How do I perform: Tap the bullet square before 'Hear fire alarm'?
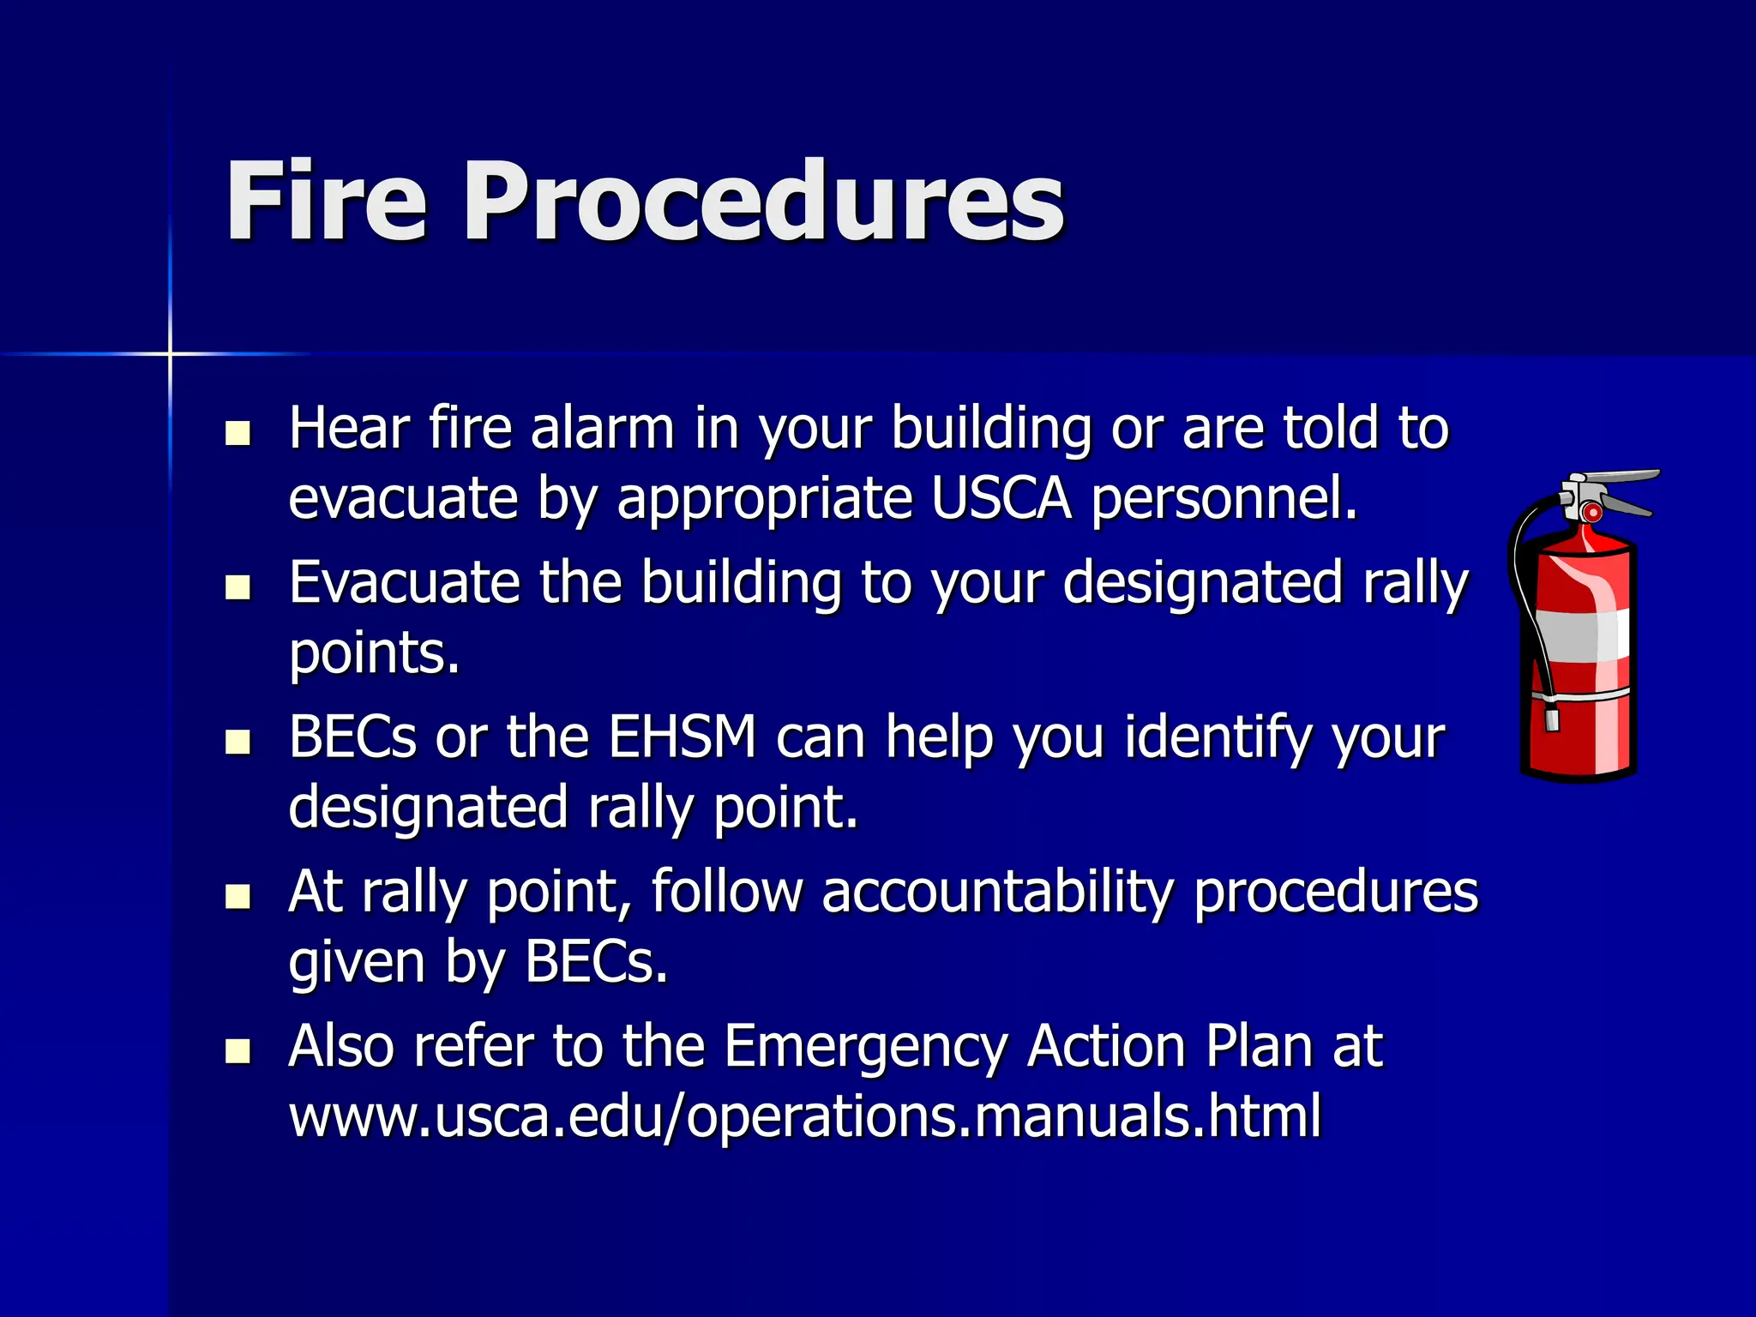tap(238, 433)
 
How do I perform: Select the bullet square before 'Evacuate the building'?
tap(238, 587)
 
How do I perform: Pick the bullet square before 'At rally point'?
tap(238, 897)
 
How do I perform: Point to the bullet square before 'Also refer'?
tap(238, 1051)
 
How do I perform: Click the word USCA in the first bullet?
tap(1001, 499)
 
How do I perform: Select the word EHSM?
tap(683, 737)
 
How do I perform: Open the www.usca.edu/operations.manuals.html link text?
tap(804, 1116)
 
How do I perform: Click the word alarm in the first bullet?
tap(602, 429)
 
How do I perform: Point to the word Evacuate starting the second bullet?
tap(404, 583)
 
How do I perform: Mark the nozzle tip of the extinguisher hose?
tap(1551, 715)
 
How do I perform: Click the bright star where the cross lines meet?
tap(170, 353)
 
